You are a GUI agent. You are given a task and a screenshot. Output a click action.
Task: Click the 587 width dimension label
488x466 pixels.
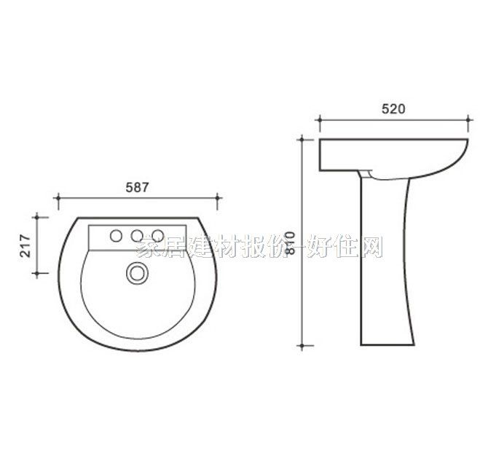coord(137,187)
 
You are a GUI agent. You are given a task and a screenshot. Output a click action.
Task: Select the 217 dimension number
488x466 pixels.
coord(23,245)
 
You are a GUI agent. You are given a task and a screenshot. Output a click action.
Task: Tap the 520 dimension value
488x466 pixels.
coord(393,109)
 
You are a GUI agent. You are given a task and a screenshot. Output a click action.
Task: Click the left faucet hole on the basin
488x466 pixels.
coord(115,235)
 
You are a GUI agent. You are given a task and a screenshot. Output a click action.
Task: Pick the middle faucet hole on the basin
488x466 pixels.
coord(136,235)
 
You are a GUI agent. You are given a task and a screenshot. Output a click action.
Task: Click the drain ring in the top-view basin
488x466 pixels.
coord(136,272)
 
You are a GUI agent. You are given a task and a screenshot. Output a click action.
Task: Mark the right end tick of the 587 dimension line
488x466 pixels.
coord(218,198)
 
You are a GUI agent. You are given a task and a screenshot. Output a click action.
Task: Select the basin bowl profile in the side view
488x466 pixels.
coord(393,156)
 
